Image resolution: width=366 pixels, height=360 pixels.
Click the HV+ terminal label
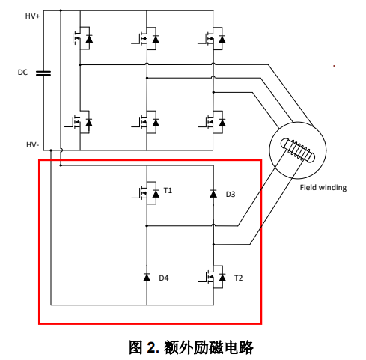pyautogui.click(x=32, y=16)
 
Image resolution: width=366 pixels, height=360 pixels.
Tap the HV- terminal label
pyautogui.click(x=33, y=144)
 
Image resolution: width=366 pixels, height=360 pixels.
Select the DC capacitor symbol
pyautogui.click(x=43, y=73)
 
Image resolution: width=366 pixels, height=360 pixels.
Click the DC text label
pyautogui.click(x=22, y=73)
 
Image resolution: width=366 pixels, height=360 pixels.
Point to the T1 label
pyautogui.click(x=168, y=191)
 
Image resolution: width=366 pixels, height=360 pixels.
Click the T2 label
pyautogui.click(x=238, y=278)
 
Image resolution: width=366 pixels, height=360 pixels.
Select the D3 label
pyautogui.click(x=231, y=194)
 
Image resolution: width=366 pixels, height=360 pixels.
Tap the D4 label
pyautogui.click(x=164, y=278)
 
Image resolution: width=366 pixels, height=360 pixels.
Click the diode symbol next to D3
pyautogui.click(x=213, y=194)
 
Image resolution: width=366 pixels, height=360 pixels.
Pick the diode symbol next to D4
pyautogui.click(x=147, y=277)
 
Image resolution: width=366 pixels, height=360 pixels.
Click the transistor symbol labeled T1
pyautogui.click(x=146, y=193)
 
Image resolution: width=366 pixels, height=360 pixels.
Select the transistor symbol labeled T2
pyautogui.click(x=213, y=277)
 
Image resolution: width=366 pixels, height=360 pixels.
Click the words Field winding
pyautogui.click(x=323, y=188)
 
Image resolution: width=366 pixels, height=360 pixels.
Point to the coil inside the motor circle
pyautogui.click(x=298, y=150)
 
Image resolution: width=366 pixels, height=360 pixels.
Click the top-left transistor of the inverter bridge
pyautogui.click(x=79, y=38)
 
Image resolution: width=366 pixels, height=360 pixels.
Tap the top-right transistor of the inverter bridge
pyautogui.click(x=212, y=39)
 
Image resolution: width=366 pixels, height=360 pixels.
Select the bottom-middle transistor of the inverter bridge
pyautogui.click(x=145, y=122)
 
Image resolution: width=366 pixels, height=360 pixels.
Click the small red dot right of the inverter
pyautogui.click(x=334, y=66)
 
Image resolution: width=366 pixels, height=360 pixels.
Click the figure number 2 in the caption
pyautogui.click(x=150, y=347)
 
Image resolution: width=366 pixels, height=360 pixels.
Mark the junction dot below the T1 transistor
pyautogui.click(x=147, y=226)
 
